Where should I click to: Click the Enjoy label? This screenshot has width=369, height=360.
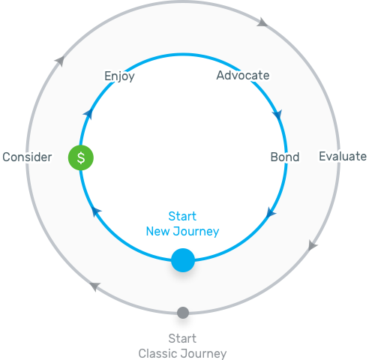pyautogui.click(x=119, y=76)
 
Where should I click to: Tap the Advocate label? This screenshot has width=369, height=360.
pyautogui.click(x=242, y=75)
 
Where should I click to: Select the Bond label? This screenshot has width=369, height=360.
pyautogui.click(x=284, y=157)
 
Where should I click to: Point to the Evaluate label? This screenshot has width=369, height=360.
pyautogui.click(x=343, y=156)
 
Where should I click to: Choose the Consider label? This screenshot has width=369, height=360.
pyautogui.click(x=26, y=157)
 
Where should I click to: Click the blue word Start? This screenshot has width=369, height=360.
pyautogui.click(x=182, y=216)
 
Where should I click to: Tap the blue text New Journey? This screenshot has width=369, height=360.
pyautogui.click(x=182, y=231)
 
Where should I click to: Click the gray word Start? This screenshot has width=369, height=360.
pyautogui.click(x=182, y=338)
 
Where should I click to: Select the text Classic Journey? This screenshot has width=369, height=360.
pyautogui.click(x=182, y=353)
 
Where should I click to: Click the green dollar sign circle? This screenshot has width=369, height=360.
pyautogui.click(x=81, y=157)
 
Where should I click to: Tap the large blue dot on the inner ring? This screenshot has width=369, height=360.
pyautogui.click(x=183, y=260)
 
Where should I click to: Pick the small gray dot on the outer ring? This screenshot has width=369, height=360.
pyautogui.click(x=182, y=313)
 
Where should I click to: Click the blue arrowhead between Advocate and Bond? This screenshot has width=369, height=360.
pyautogui.click(x=277, y=116)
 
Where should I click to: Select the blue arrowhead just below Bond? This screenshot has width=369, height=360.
pyautogui.click(x=271, y=214)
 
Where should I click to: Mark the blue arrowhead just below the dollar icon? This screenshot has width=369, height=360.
pyautogui.click(x=95, y=213)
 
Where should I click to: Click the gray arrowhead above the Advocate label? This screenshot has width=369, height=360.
pyautogui.click(x=261, y=22)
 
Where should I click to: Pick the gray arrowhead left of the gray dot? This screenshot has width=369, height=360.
pyautogui.click(x=94, y=286)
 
